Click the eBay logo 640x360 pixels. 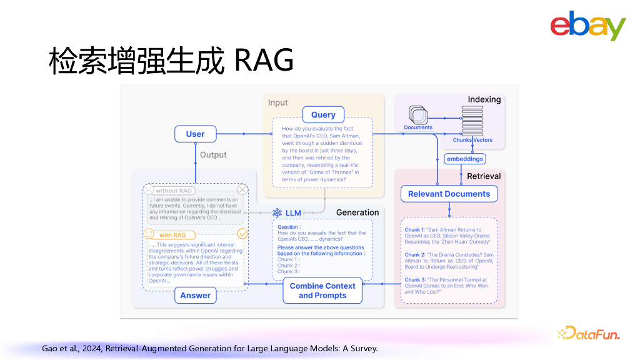point(587,26)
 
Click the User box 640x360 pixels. point(195,134)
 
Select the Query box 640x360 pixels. point(323,114)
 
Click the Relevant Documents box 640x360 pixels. point(449,194)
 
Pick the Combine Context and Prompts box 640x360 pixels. point(322,291)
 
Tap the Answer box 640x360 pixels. point(195,295)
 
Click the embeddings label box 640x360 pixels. point(465,159)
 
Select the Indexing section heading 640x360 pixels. point(484,99)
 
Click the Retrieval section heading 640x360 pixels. point(484,176)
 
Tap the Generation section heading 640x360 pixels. point(357,212)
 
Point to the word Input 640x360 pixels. point(278,102)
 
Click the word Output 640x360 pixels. point(213,154)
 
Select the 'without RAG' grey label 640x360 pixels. point(174,191)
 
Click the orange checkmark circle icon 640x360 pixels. point(242,234)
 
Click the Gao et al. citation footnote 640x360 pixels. point(209,348)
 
